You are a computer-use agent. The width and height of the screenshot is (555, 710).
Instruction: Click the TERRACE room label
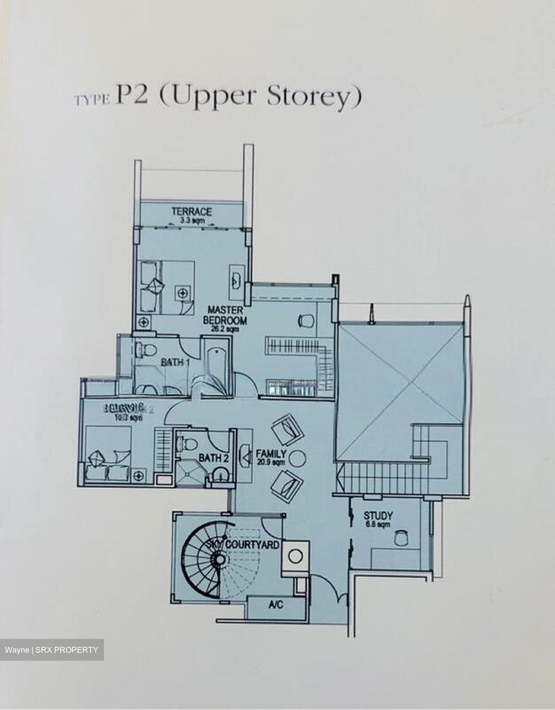click(x=192, y=212)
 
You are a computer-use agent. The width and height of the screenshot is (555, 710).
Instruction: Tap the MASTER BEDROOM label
click(x=225, y=315)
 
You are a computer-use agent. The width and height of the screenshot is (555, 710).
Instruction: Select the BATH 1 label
click(x=175, y=363)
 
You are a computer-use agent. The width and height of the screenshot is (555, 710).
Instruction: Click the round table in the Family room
click(x=298, y=458)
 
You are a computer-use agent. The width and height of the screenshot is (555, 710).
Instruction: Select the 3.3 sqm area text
click(x=192, y=220)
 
